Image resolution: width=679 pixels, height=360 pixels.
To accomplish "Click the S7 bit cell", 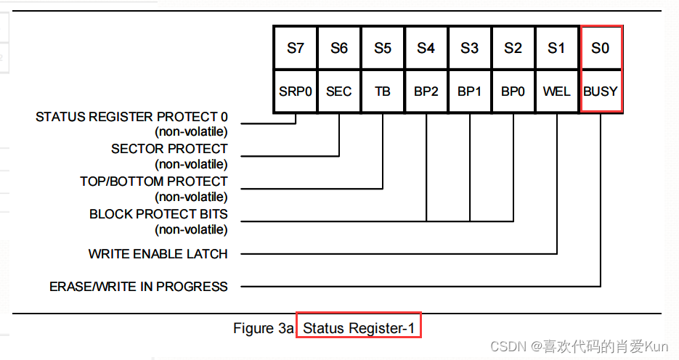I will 295,49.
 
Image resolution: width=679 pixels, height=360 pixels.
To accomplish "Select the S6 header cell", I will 339,49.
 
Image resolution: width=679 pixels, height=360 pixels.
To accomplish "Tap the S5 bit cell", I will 383,49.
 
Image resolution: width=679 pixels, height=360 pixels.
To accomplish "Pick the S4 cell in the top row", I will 426,49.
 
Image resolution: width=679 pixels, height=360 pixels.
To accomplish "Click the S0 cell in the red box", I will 601,49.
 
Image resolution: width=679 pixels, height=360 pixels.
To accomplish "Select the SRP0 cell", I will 295,91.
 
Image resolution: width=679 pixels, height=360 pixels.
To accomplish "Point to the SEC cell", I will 339,91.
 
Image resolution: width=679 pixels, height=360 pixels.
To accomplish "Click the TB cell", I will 383,91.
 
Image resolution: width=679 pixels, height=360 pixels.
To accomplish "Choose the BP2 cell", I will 426,91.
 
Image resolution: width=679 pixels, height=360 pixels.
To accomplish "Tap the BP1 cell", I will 470,91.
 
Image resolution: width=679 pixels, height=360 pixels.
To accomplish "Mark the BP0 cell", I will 513,91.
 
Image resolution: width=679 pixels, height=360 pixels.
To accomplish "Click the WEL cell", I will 557,91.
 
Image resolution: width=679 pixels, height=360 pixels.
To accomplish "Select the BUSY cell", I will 601,91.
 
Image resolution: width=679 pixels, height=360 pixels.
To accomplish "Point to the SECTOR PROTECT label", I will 169,149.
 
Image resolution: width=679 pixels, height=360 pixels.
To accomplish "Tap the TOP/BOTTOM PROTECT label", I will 154,181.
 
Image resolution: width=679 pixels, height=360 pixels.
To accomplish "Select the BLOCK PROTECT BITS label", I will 158,214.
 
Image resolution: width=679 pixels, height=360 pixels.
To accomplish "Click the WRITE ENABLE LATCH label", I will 158,254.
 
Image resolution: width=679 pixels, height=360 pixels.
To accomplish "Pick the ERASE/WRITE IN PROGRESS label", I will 139,287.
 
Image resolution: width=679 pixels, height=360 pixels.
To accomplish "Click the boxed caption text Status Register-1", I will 359,328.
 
